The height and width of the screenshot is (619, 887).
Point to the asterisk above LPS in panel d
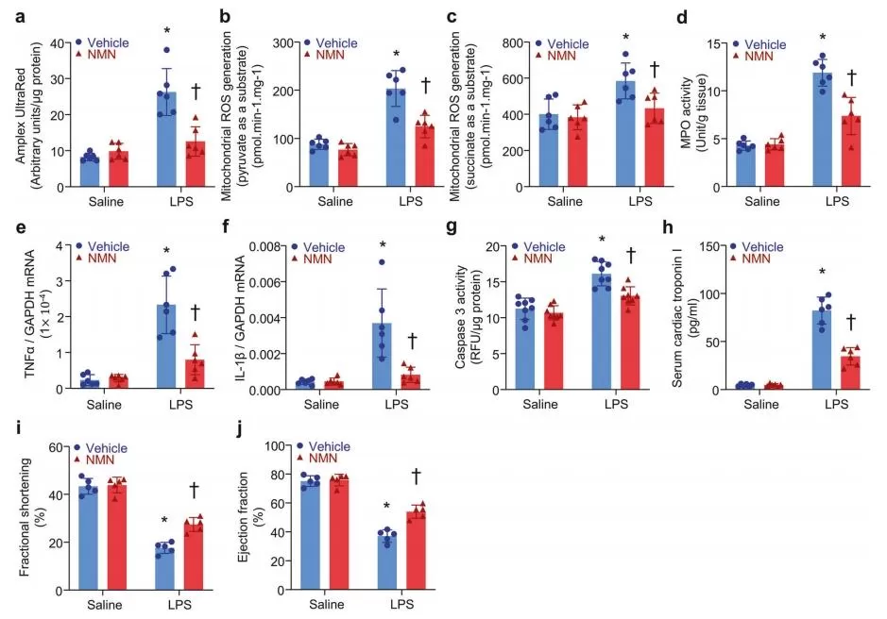tap(823, 39)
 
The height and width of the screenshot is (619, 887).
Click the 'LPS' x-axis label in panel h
tap(836, 405)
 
